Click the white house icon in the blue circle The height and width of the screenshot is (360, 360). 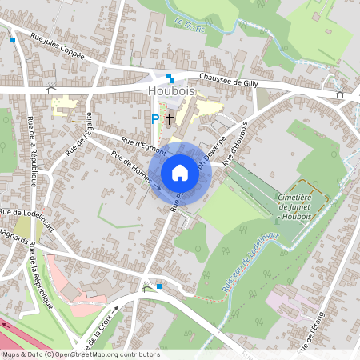(x=180, y=173)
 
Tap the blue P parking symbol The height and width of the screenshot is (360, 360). (x=155, y=118)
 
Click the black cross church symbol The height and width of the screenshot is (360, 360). (x=169, y=118)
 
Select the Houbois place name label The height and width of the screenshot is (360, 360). (x=172, y=91)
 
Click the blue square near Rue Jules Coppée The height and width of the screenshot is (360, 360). (x=13, y=38)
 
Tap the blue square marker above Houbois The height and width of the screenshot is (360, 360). (x=170, y=78)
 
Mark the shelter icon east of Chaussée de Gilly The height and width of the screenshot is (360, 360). (x=339, y=95)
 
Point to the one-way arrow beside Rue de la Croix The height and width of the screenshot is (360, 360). (x=116, y=307)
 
